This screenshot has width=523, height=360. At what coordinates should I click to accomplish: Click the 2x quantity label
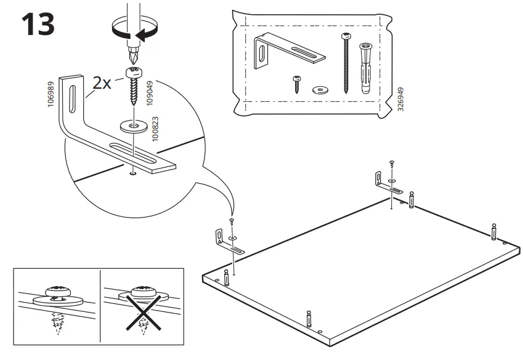pos(102,83)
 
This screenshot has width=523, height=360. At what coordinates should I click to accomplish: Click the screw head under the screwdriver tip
pos(133,72)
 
